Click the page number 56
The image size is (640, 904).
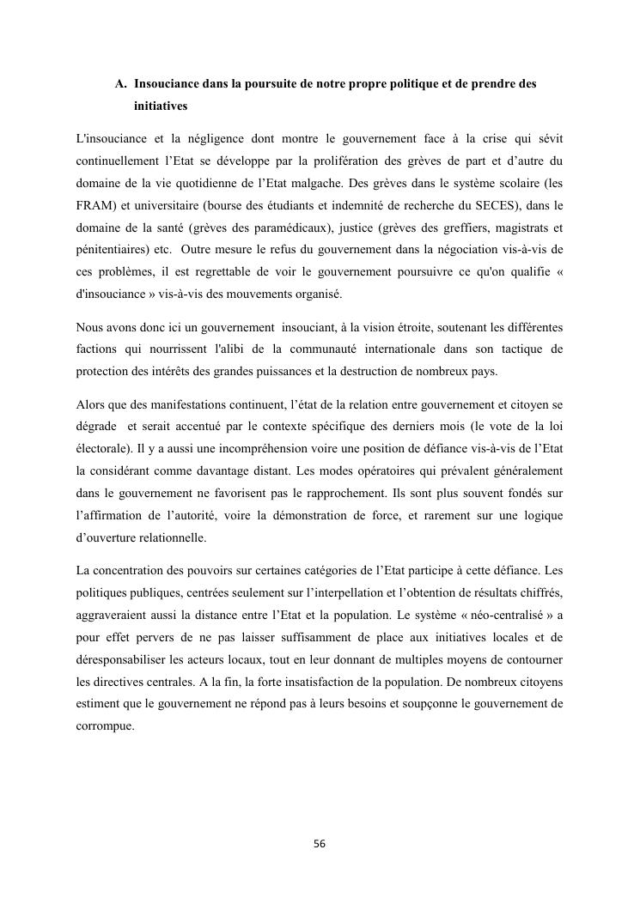pos(320,844)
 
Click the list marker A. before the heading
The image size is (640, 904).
pos(121,85)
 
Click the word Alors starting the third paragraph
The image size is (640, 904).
pos(90,404)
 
